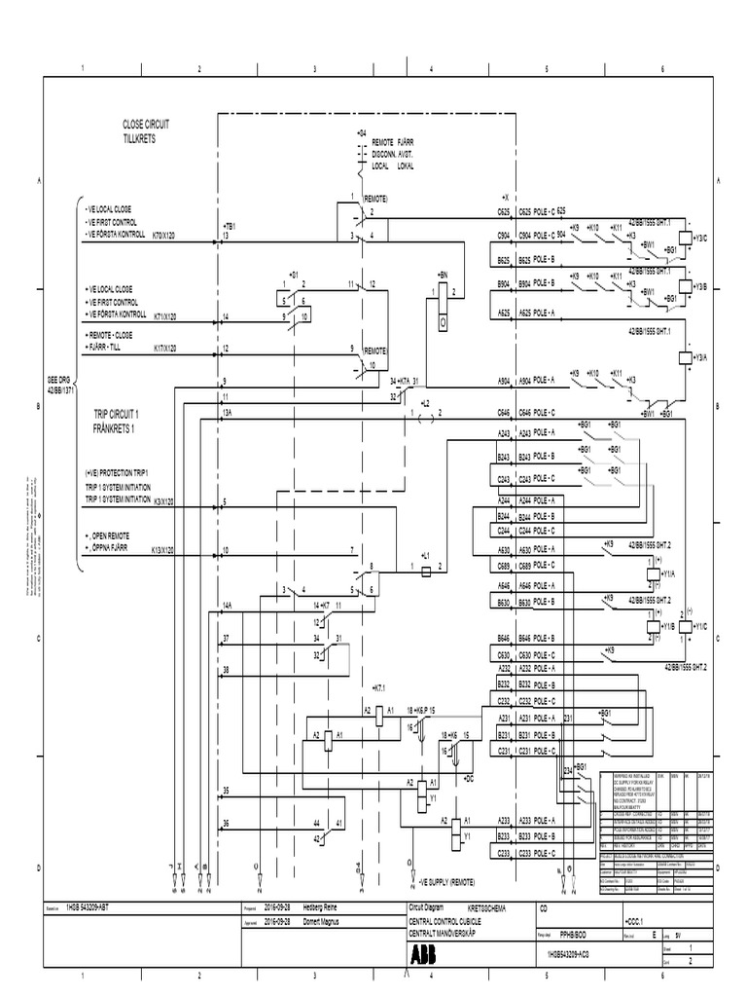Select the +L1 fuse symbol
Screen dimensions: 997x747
tap(425, 566)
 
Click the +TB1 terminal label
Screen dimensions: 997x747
tap(231, 225)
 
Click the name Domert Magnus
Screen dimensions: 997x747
tap(325, 917)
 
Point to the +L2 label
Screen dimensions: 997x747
tap(425, 402)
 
